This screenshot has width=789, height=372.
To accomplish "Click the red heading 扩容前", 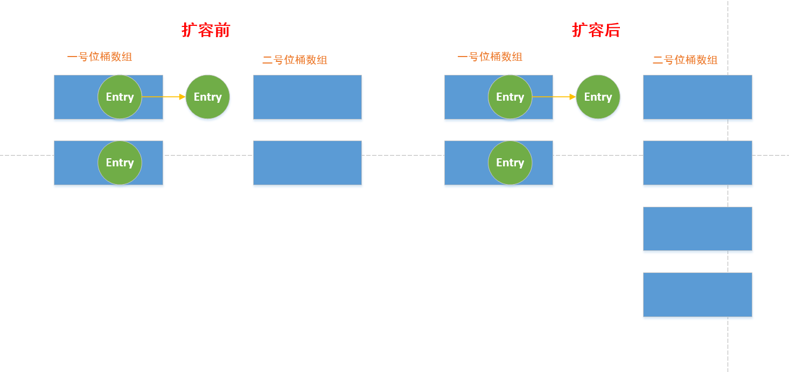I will click(x=206, y=30).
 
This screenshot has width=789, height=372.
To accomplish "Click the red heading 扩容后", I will click(x=596, y=30).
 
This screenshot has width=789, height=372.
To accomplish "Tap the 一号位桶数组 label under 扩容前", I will click(x=100, y=57).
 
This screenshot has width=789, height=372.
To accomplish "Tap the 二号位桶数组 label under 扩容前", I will click(x=295, y=60).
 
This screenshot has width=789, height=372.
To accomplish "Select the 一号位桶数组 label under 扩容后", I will click(x=490, y=57).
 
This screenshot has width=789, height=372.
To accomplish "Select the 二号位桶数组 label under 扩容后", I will click(x=685, y=60).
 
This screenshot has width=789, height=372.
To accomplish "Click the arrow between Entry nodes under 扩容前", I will click(x=164, y=97).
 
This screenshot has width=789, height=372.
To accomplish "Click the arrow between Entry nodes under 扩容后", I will click(x=554, y=97).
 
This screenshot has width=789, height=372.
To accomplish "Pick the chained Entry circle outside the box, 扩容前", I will click(x=207, y=97).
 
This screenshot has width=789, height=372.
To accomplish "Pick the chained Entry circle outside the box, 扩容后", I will click(x=598, y=97).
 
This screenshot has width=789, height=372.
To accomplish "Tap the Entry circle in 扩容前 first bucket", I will click(x=120, y=97).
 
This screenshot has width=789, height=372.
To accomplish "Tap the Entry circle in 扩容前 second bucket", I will click(x=120, y=163).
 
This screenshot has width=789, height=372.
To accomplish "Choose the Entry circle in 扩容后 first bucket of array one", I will click(x=510, y=97).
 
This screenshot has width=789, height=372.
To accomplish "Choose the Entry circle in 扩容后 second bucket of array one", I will click(x=510, y=163).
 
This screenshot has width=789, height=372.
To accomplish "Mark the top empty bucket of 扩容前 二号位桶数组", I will click(x=308, y=97).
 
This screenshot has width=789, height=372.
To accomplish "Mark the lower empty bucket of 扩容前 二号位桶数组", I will click(x=308, y=163).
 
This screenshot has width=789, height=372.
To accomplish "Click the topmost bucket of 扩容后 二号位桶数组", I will click(x=697, y=97).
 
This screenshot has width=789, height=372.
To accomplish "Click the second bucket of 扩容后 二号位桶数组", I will click(x=697, y=163).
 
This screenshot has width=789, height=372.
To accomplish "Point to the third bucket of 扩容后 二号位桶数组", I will click(x=697, y=229).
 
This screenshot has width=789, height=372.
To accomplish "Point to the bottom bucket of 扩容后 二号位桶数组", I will click(x=697, y=294).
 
